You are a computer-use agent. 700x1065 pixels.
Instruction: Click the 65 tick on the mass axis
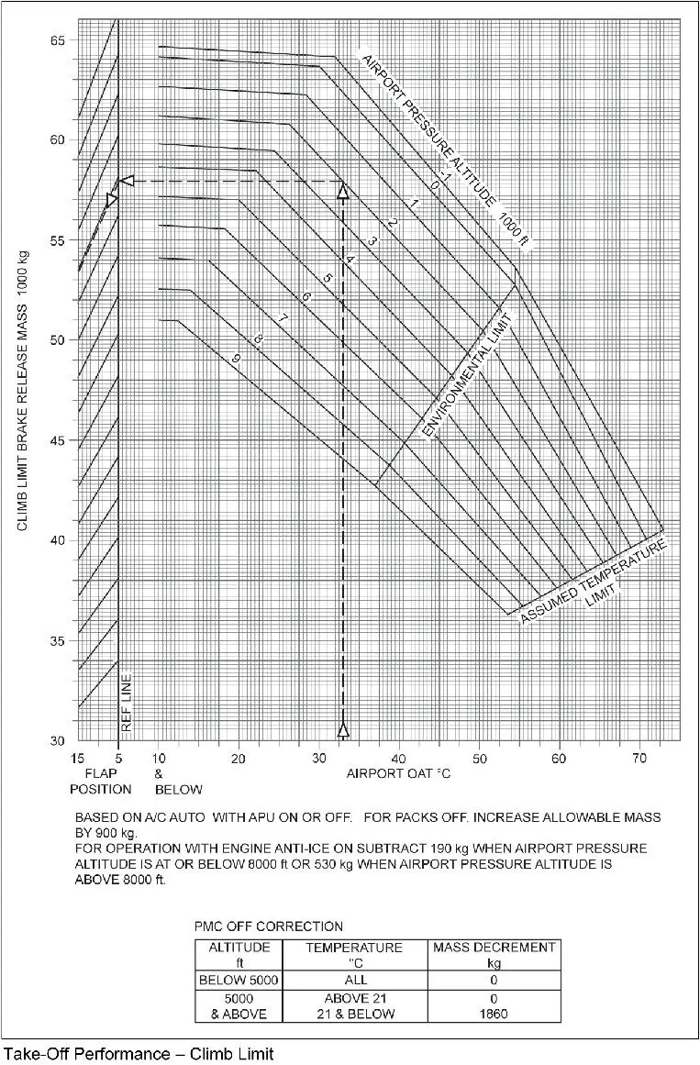(x=60, y=41)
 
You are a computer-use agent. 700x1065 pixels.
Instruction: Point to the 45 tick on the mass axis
(x=60, y=440)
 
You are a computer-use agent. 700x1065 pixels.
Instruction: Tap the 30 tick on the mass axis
(x=60, y=740)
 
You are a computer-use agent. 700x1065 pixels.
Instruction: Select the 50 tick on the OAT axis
(x=479, y=759)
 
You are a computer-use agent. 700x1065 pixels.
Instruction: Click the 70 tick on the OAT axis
(x=639, y=759)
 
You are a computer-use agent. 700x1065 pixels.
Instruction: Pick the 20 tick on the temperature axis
(x=239, y=759)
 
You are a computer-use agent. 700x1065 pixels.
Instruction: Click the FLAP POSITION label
(x=101, y=781)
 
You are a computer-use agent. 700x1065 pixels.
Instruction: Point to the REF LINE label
(x=127, y=704)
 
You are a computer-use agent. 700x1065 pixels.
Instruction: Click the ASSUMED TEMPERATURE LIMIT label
(x=593, y=583)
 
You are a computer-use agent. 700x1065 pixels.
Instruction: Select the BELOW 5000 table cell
(x=239, y=980)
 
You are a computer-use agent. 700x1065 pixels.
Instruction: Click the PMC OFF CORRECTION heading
(x=268, y=926)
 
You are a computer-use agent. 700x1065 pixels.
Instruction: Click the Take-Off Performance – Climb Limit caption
(x=139, y=1053)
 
